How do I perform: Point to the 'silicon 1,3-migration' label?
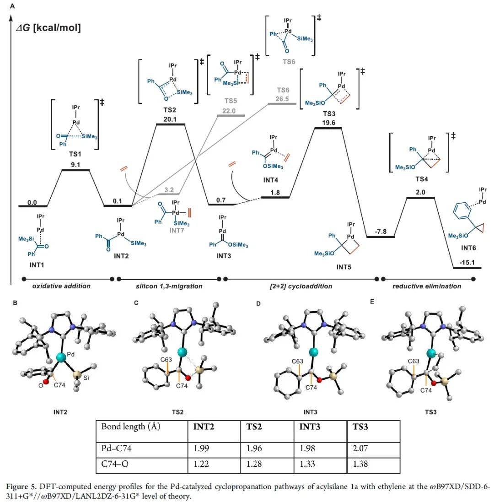click(x=169, y=286)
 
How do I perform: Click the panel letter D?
click(x=258, y=303)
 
